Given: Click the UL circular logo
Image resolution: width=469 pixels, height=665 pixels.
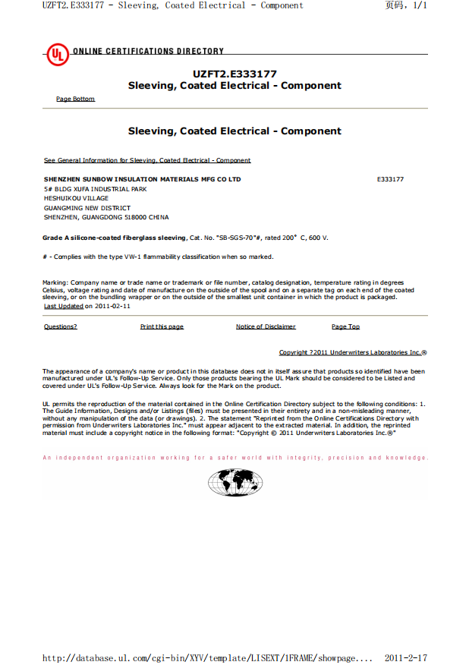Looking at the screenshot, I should pyautogui.click(x=57, y=55).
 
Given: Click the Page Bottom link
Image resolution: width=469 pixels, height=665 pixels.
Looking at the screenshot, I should pyautogui.click(x=75, y=99).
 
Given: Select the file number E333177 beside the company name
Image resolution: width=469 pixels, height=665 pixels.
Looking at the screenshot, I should pyautogui.click(x=390, y=179).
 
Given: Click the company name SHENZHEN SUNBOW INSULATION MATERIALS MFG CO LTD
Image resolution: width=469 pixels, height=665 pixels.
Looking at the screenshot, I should pyautogui.click(x=142, y=179).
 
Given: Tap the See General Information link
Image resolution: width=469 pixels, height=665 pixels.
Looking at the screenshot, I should pyautogui.click(x=147, y=160).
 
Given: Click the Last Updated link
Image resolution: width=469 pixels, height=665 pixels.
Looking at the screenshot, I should pyautogui.click(x=63, y=307).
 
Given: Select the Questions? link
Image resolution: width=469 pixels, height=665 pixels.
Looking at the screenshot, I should pyautogui.click(x=60, y=326).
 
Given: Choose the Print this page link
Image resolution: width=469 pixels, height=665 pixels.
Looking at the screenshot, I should pyautogui.click(x=162, y=326).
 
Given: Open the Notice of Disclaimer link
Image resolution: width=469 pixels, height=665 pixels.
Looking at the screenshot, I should pyautogui.click(x=266, y=326).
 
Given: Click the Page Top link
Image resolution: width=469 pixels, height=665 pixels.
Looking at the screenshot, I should pyautogui.click(x=345, y=326).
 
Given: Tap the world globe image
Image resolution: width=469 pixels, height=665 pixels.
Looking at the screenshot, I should pyautogui.click(x=234, y=482).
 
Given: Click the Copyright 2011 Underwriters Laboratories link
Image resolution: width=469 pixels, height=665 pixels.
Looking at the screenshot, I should pyautogui.click(x=352, y=352).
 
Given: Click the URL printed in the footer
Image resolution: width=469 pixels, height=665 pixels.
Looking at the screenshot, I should pyautogui.click(x=207, y=657).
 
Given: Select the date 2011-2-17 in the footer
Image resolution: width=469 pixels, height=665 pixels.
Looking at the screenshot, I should pyautogui.click(x=406, y=657).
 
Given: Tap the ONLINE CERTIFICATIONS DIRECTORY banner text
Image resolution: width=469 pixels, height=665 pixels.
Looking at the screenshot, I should pyautogui.click(x=148, y=52).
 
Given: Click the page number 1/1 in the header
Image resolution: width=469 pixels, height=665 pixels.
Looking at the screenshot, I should pyautogui.click(x=420, y=5).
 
